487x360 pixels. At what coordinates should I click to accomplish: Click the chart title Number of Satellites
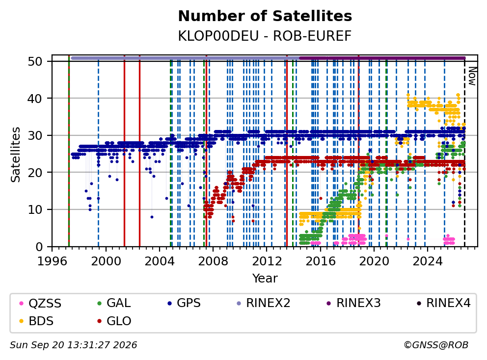(265, 16)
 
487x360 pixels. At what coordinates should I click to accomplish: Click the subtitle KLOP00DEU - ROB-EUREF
(265, 36)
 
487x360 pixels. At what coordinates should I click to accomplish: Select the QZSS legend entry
(40, 303)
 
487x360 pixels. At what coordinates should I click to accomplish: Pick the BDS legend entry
(36, 321)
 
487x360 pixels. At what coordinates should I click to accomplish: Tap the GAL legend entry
(114, 303)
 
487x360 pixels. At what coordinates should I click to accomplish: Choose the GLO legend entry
(114, 321)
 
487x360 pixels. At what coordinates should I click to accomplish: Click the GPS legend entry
(184, 303)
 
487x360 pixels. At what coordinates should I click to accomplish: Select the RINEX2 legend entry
(263, 303)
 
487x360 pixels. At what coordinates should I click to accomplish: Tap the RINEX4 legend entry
(444, 303)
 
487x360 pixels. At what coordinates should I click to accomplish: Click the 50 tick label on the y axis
(35, 61)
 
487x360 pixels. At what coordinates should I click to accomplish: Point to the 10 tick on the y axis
(35, 210)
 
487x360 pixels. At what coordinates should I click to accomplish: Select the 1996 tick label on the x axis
(52, 261)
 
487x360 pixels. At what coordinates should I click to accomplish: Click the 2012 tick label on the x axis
(267, 261)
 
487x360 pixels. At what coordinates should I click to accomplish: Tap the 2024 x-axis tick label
(428, 261)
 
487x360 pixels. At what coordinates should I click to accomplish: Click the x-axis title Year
(265, 279)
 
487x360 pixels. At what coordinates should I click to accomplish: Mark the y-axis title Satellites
(15, 154)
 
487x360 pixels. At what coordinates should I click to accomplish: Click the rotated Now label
(472, 77)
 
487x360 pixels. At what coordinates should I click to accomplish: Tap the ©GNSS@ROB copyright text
(436, 345)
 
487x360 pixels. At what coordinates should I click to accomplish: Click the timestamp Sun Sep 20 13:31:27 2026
(73, 345)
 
